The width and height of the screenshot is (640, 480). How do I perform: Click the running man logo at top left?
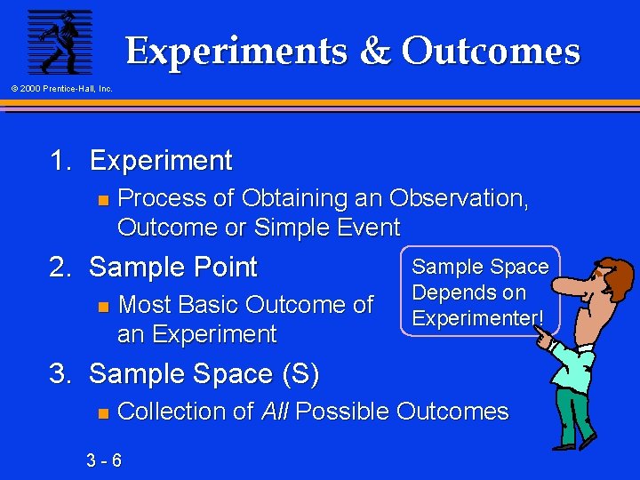click(x=60, y=41)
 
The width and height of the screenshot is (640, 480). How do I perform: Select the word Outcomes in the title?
click(x=491, y=52)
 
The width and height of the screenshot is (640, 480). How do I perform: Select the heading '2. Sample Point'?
click(x=153, y=267)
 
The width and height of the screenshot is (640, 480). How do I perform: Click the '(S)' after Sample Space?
click(x=299, y=374)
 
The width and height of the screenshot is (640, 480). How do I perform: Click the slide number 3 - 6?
click(x=105, y=460)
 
